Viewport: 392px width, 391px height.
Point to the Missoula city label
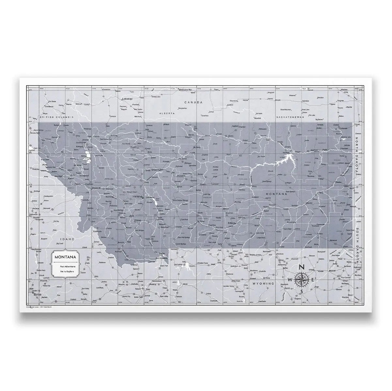97,188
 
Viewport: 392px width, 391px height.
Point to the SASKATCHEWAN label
290,117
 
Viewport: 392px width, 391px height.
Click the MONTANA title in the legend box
66,256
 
